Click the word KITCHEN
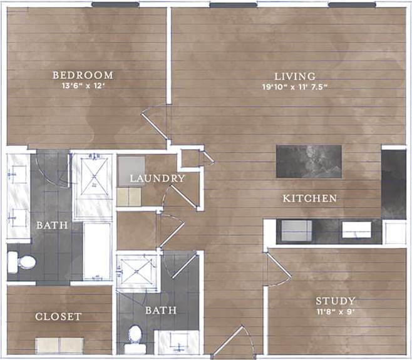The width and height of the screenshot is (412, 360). tap(310, 198)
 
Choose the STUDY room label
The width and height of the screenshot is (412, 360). tap(336, 301)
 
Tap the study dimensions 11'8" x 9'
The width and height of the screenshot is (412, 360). tap(336, 311)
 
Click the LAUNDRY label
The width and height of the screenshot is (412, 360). tap(157, 178)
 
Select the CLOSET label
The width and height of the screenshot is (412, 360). tap(58, 317)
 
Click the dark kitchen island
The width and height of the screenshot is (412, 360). tap(309, 162)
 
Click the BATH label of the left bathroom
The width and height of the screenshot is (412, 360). tap(48, 225)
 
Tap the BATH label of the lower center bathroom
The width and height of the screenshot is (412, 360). tap(161, 310)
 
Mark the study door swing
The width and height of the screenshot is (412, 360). tap(277, 269)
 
